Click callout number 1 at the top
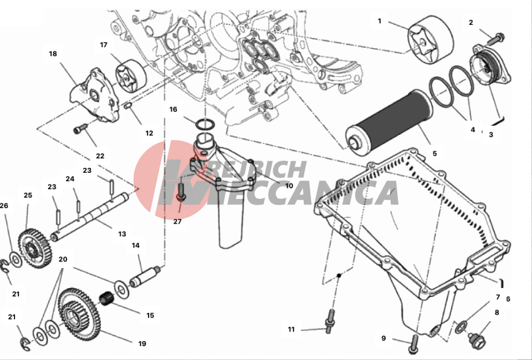(x=380, y=21)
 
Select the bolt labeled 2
(x=495, y=39)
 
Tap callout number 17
(x=103, y=44)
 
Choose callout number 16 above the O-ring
(x=173, y=110)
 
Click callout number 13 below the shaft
(x=122, y=234)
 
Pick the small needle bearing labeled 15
(x=107, y=300)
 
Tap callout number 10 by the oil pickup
(x=289, y=186)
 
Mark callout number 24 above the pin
(x=70, y=179)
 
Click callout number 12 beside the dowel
(x=149, y=133)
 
